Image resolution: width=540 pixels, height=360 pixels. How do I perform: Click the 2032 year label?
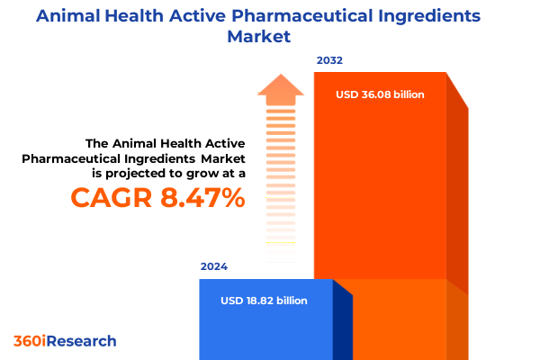click(329, 61)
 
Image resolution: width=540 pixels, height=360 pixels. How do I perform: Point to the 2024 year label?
click(214, 267)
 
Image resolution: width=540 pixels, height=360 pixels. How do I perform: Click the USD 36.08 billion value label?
click(379, 94)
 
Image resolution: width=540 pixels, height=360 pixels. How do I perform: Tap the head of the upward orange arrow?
click(280, 87)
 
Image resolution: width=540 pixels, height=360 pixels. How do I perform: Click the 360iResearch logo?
click(65, 341)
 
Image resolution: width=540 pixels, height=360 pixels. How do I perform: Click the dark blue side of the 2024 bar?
click(342, 324)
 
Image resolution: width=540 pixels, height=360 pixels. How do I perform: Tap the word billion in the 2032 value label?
click(405, 94)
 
